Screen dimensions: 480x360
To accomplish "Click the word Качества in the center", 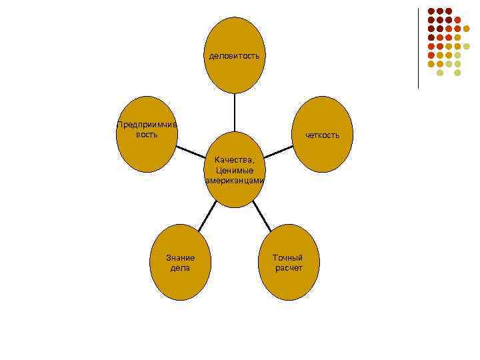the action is point(234,160).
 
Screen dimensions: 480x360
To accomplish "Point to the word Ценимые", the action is point(234,170).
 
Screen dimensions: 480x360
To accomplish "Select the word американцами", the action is point(235,180).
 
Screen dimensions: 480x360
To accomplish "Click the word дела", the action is point(180,268).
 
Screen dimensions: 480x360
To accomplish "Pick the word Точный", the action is point(288,258).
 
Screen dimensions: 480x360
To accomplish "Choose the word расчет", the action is point(288,268).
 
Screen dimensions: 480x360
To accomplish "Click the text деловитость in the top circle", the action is point(234,55).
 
